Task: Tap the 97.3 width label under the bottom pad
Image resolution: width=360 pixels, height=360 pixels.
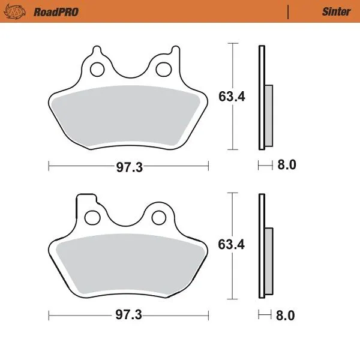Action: click(x=128, y=314)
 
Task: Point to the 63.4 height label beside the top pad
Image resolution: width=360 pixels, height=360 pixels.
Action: click(x=231, y=96)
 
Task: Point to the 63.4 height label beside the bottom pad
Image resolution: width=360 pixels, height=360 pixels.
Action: click(x=231, y=244)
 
